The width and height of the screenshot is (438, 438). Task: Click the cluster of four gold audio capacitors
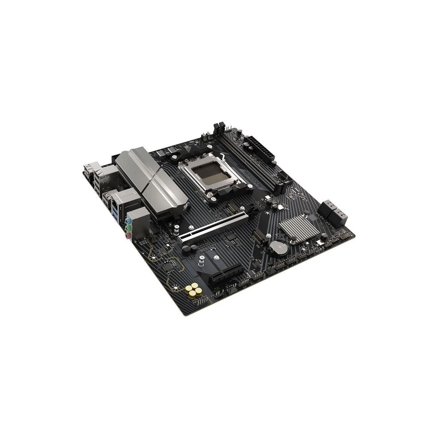[194, 290]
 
